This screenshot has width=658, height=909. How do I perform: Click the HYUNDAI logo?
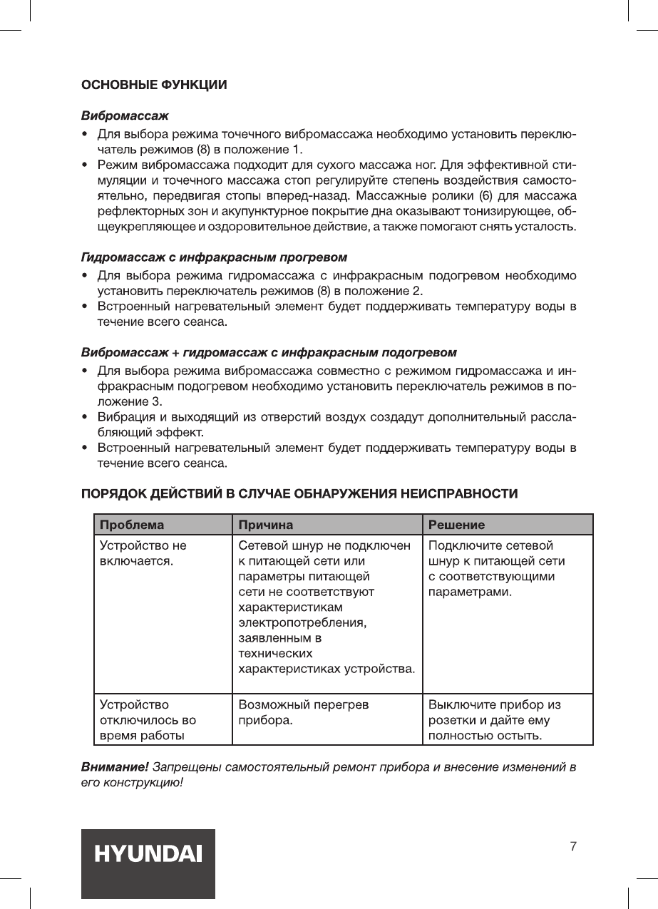[x=148, y=853]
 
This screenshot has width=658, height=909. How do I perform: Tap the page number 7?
[x=573, y=847]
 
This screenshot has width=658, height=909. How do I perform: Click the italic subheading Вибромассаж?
[x=125, y=115]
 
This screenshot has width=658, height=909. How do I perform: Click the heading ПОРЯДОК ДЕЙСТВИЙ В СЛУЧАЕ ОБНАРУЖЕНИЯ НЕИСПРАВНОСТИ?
[x=299, y=493]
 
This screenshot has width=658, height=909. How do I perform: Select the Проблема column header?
[x=132, y=525]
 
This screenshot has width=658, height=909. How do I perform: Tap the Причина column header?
[x=266, y=525]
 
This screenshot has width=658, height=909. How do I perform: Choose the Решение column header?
[x=456, y=525]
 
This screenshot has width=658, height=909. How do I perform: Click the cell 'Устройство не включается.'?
[x=143, y=554]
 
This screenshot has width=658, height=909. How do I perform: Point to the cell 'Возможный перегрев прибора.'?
[x=304, y=712]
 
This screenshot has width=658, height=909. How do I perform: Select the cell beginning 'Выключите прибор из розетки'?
[x=495, y=719]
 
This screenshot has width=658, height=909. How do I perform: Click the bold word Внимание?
[x=115, y=768]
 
